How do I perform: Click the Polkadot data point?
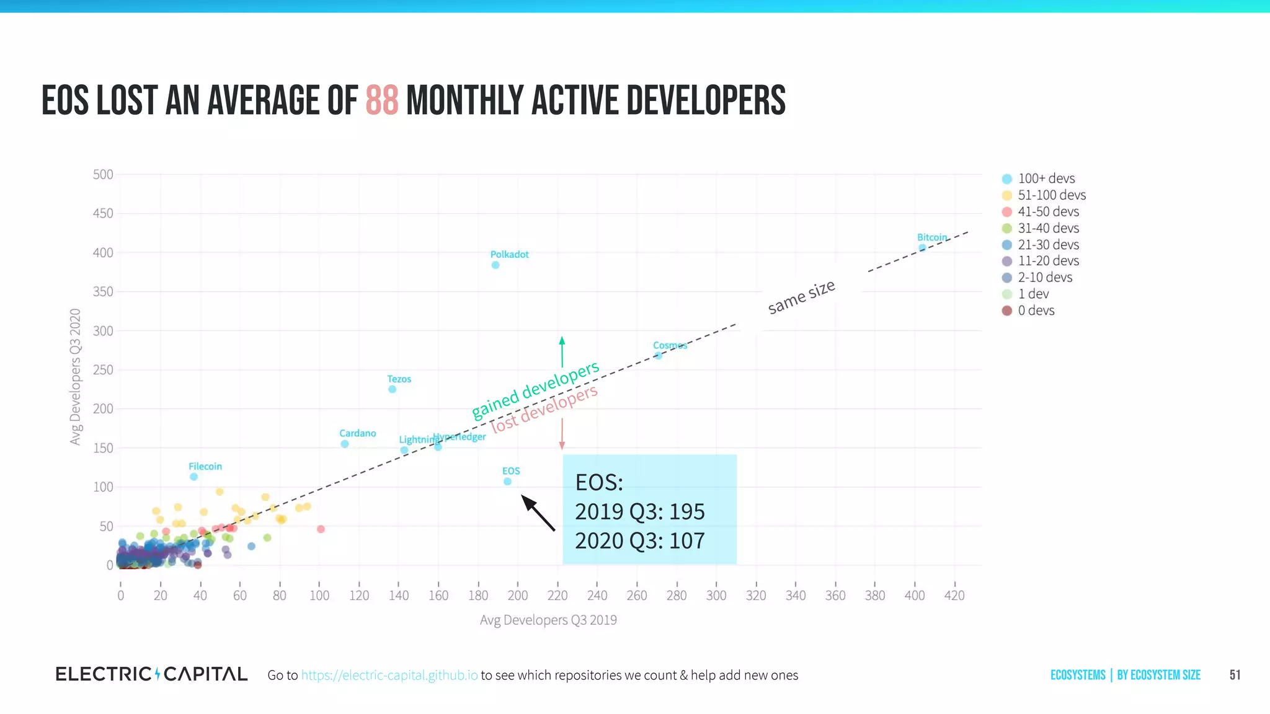pos(495,265)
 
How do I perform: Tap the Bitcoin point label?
pos(931,237)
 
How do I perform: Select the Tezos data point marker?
pos(392,389)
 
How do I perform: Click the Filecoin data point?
pos(193,477)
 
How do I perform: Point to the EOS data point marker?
pos(507,482)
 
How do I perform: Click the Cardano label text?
pos(357,433)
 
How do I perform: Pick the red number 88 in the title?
pos(381,101)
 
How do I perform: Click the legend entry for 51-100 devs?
pos(1051,195)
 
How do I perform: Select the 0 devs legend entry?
pos(1036,311)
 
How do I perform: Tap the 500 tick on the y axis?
pos(103,175)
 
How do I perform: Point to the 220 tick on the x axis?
pos(557,596)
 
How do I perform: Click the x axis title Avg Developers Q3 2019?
pos(548,620)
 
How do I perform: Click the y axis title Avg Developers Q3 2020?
pos(75,376)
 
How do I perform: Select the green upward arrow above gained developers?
pos(562,351)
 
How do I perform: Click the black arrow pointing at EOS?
pos(538,513)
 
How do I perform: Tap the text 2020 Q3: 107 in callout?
pos(639,540)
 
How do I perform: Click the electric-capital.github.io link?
pos(389,675)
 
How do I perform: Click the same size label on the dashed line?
pos(801,297)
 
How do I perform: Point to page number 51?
pos(1235,675)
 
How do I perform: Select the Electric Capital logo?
pos(151,674)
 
